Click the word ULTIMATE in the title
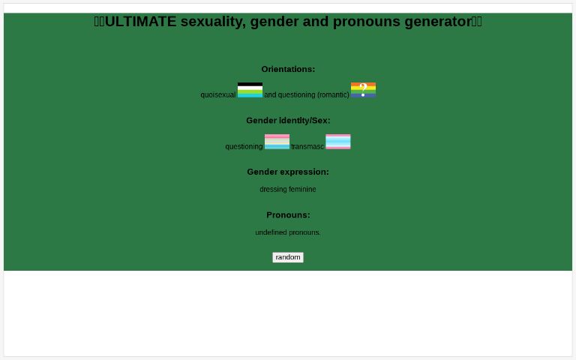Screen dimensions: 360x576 click(x=141, y=22)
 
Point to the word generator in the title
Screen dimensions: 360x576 click(x=438, y=22)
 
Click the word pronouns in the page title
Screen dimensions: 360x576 click(x=367, y=22)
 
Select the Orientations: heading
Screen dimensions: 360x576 click(x=288, y=69)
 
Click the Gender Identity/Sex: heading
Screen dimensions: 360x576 click(x=288, y=120)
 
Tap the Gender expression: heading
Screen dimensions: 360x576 click(x=288, y=172)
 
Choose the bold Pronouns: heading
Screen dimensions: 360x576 click(x=288, y=215)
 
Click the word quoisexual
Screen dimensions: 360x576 click(x=217, y=95)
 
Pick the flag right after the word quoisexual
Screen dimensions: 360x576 click(x=250, y=90)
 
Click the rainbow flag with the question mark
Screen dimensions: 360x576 click(x=363, y=90)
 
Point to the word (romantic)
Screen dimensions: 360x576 click(x=333, y=95)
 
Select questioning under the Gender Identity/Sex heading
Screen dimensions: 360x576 click(x=244, y=147)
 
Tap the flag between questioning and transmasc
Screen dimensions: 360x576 click(x=277, y=142)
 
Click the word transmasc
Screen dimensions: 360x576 click(x=307, y=147)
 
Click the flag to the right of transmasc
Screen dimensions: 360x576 click(x=338, y=142)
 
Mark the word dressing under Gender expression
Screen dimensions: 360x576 click(x=273, y=190)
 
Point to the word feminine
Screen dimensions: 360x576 click(x=302, y=190)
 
